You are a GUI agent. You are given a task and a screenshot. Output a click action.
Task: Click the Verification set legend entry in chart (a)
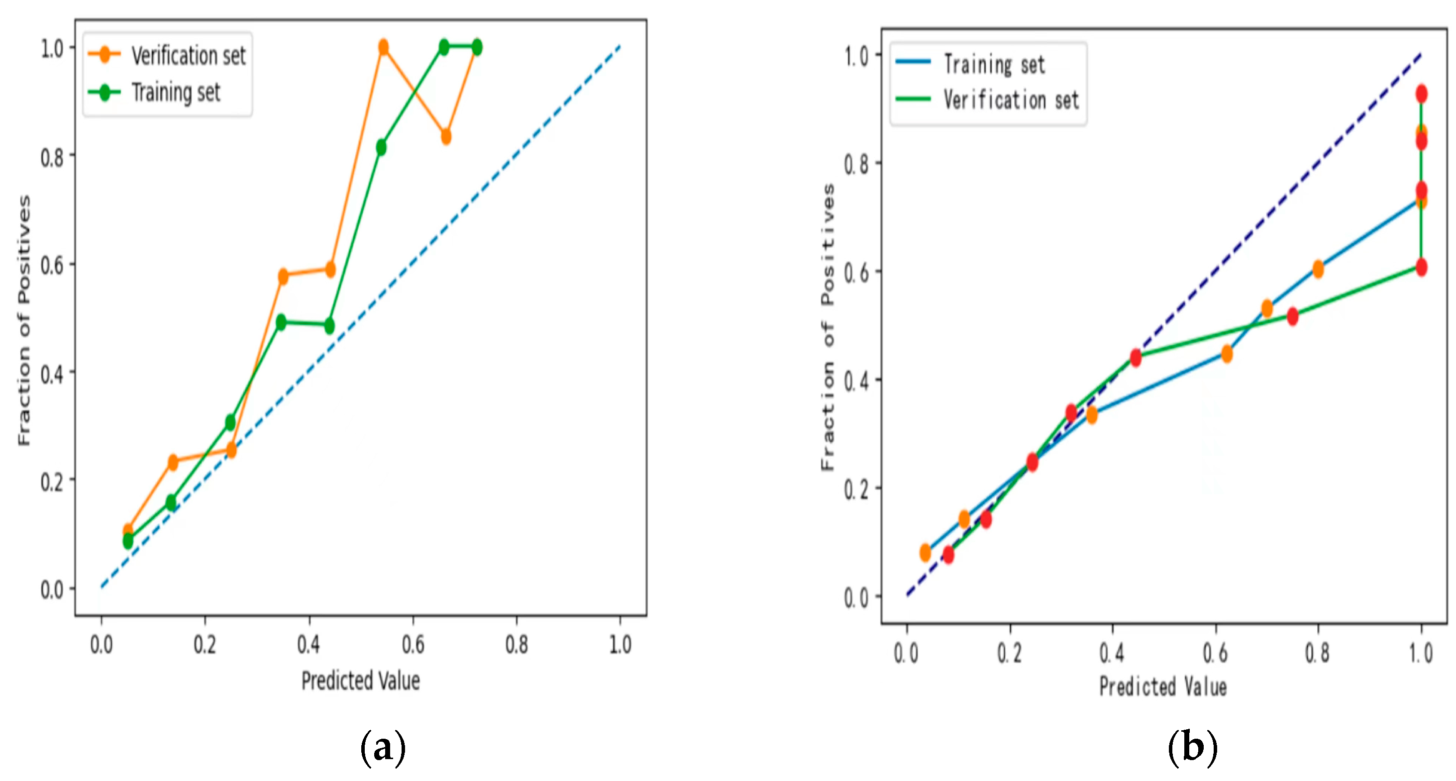167,55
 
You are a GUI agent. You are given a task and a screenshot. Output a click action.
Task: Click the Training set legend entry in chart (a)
154,92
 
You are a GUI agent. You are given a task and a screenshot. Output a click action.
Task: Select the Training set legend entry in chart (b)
970,64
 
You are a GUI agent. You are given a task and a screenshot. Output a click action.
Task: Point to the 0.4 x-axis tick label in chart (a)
309,644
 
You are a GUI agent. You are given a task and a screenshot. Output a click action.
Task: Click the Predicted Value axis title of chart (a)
361,681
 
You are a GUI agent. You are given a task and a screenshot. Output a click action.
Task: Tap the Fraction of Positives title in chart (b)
828,327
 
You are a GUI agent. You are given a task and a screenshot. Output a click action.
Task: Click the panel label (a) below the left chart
383,748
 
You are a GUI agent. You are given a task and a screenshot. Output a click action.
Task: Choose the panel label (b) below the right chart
1193,748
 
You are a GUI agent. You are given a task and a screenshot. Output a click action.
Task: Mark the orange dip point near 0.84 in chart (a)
446,137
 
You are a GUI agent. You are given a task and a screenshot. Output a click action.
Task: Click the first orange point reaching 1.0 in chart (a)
383,47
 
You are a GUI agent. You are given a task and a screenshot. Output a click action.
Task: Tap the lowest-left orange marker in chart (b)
925,553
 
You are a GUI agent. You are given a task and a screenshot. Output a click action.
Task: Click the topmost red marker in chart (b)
1422,94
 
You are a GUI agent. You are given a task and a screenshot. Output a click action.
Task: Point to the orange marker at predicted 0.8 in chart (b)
1318,270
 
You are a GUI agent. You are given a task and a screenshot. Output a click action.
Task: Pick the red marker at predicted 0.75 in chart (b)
1293,316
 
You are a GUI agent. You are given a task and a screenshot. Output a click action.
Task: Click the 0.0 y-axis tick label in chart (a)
51,589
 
